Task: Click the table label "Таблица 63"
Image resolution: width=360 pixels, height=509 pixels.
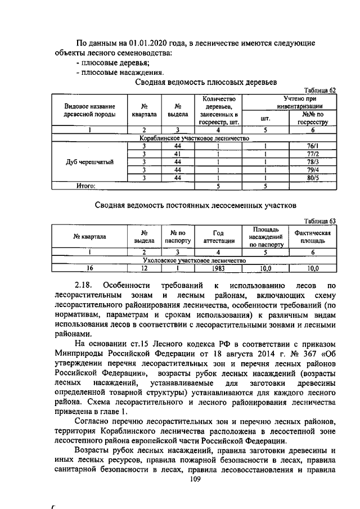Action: tap(319, 221)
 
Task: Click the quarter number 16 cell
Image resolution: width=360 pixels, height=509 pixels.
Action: tap(89, 269)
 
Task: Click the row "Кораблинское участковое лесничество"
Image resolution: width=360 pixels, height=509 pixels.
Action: tap(194, 138)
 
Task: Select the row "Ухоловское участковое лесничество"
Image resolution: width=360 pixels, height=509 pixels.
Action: tap(194, 261)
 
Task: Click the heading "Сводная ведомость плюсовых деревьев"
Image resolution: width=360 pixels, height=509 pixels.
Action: tap(206, 82)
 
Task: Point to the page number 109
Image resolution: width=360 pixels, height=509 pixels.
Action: tap(195, 479)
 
